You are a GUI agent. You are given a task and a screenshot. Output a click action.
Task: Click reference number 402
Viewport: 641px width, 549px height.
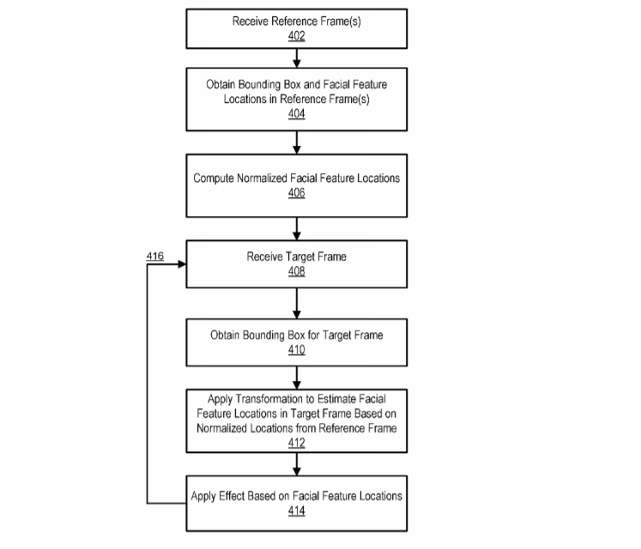coord(297,36)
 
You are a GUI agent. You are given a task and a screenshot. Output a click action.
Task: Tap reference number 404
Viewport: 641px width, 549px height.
coord(297,113)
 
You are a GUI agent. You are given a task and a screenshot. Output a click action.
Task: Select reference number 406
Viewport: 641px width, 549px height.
coord(297,193)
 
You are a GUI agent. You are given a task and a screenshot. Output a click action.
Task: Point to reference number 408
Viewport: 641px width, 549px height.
coord(297,271)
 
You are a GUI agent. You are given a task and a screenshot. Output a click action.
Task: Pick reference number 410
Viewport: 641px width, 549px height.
coord(297,349)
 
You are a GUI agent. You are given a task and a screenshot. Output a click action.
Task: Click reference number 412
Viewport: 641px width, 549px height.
coord(297,443)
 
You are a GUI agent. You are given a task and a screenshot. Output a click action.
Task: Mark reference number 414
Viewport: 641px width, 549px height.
coord(297,511)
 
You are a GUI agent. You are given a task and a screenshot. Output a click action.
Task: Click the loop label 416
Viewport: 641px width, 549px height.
coord(155,256)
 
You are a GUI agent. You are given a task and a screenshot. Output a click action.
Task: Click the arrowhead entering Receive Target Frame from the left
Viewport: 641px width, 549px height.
coord(182,264)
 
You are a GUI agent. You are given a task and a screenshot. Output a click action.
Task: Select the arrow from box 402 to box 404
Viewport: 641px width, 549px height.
coord(297,57)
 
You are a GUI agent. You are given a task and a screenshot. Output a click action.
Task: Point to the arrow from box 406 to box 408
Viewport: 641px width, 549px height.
coord(297,227)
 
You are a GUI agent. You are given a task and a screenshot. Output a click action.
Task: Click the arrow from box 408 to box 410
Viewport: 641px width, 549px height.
coord(297,302)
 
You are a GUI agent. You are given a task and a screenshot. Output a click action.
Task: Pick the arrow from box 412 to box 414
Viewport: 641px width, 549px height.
coord(297,464)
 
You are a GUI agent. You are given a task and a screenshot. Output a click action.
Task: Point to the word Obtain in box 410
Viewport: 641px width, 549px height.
coord(226,335)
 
